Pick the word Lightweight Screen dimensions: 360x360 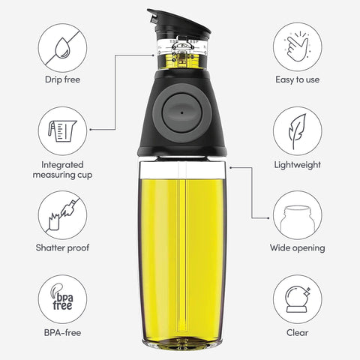coord(297,163)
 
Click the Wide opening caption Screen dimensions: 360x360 coord(297,248)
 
